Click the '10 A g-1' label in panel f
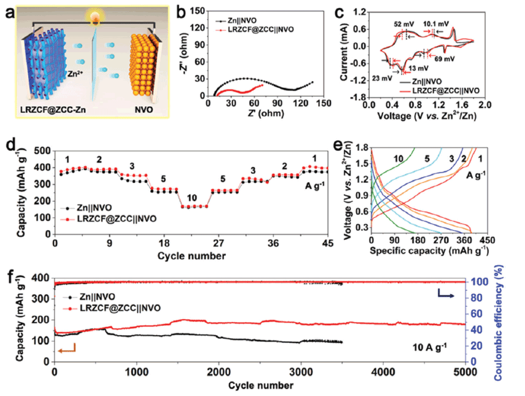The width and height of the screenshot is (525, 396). pyautogui.click(x=433, y=346)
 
